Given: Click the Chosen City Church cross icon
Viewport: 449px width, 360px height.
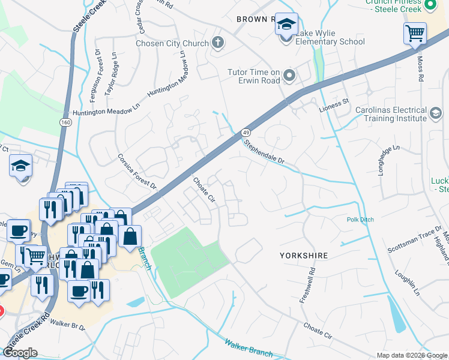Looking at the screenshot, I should coord(217,43).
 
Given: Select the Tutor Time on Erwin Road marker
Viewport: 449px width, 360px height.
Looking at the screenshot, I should coord(289,76).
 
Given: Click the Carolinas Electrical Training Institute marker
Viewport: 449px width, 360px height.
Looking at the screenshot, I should coord(436,112).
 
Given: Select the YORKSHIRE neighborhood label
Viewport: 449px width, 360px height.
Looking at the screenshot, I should coord(304,256).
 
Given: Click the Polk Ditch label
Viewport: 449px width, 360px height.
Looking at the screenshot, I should coord(360,220).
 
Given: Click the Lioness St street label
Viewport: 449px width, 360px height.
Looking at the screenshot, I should coord(334,103).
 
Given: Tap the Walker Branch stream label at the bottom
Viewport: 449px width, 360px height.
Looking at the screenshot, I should coord(249,348).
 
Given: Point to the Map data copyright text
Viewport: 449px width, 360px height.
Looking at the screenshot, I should coord(412,355).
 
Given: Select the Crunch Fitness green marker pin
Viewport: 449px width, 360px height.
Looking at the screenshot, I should coord(429,5).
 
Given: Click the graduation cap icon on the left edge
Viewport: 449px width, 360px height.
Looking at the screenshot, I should coord(21,166).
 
